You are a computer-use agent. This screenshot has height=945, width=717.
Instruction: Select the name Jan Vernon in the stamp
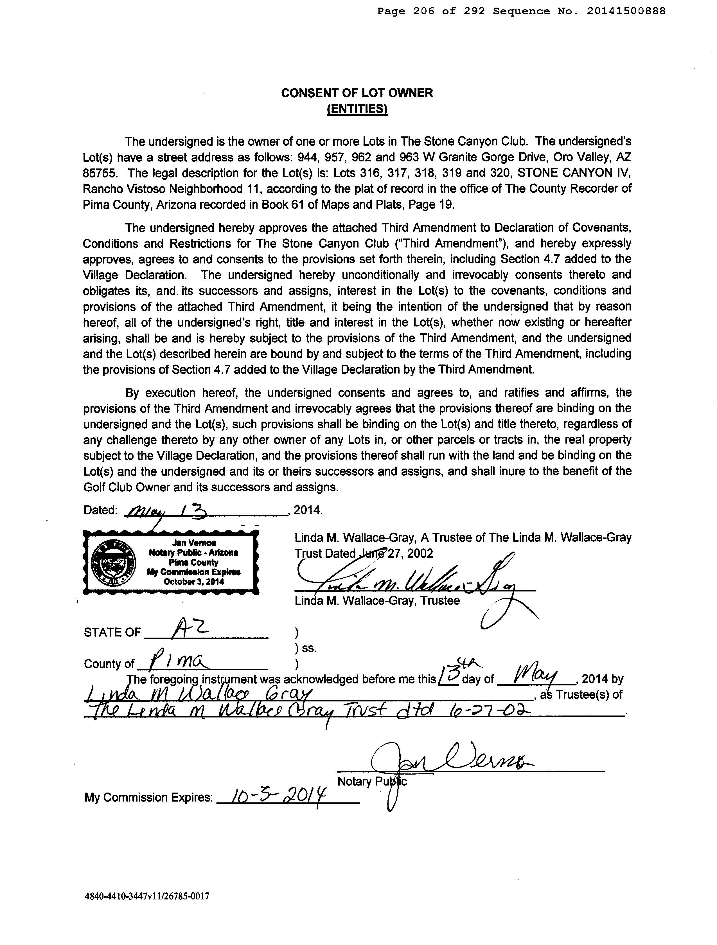(194, 543)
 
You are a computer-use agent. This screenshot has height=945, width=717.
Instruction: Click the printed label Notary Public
(371, 781)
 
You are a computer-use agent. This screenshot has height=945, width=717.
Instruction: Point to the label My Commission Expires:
(148, 797)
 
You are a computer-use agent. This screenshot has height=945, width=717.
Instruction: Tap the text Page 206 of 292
(430, 12)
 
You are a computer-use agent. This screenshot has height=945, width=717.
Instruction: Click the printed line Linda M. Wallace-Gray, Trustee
(377, 601)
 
